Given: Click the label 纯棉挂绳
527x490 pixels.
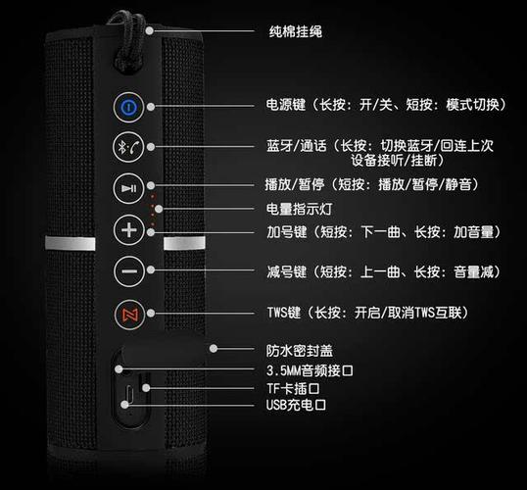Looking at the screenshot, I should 295,31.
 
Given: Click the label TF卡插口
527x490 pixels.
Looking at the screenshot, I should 294,387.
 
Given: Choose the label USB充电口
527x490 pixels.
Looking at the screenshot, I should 295,404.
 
